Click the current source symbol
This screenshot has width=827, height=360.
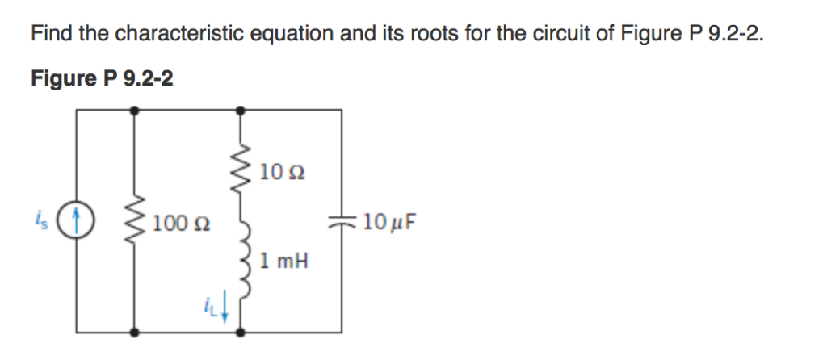pos(78,219)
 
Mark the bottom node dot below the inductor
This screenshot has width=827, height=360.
pos(240,331)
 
